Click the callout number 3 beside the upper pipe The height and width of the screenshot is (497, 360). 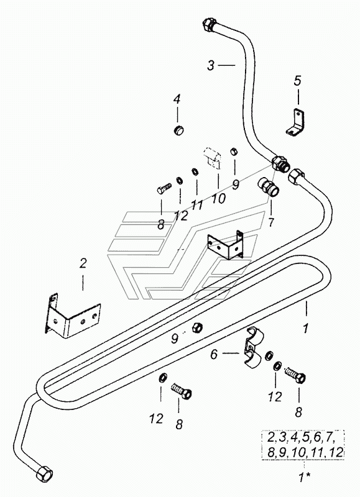coord(211,65)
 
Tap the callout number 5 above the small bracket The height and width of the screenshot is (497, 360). coord(297,81)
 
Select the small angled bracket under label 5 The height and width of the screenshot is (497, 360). coord(295,122)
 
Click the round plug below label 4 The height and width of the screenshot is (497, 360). coord(180,130)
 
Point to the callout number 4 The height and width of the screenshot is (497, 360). coord(177,99)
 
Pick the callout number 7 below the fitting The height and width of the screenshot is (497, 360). coord(270,222)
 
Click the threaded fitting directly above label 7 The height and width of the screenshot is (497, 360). coord(269,186)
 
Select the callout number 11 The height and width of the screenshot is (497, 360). coord(196,206)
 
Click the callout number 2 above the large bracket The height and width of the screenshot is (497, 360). coord(83,263)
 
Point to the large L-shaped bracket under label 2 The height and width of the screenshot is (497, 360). coord(72,315)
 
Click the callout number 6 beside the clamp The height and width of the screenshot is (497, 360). coord(214,354)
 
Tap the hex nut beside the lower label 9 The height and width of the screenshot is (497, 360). coord(197,328)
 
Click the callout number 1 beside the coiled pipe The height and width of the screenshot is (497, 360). coord(305,329)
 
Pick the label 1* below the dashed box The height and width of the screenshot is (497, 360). coord(304,477)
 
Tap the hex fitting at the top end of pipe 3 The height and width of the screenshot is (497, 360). coord(209,24)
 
